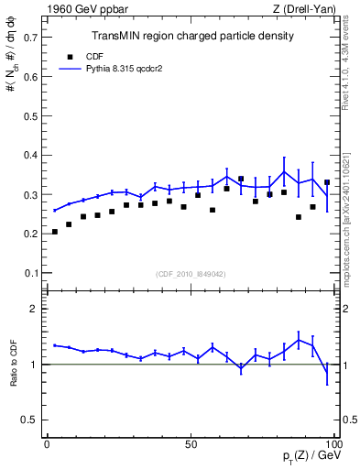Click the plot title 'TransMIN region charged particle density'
(x=192, y=37)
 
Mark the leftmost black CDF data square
(x=55, y=232)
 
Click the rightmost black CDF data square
(x=327, y=182)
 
